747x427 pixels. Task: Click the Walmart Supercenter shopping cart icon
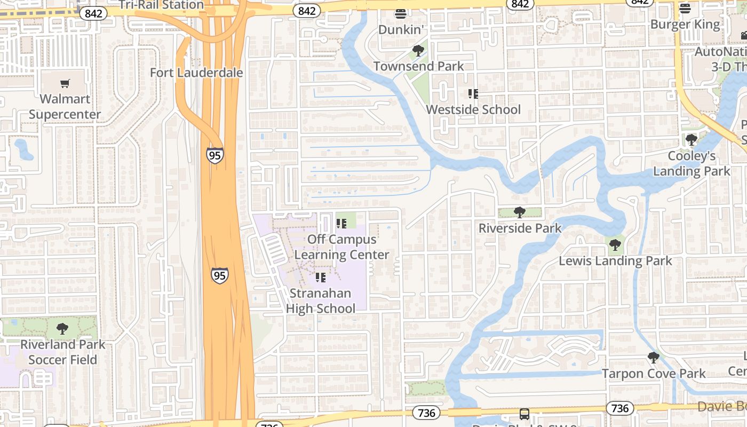tap(65, 83)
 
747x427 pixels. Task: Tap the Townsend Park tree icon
tap(418, 51)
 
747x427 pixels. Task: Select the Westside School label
tap(473, 109)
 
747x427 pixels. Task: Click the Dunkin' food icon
tap(401, 13)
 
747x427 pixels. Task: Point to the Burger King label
tap(685, 25)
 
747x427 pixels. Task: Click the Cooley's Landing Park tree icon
tap(692, 140)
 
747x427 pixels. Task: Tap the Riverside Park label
tap(520, 228)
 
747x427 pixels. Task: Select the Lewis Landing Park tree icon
tap(615, 245)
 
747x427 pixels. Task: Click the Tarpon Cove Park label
tap(654, 373)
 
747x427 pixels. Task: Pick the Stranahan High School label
tap(321, 301)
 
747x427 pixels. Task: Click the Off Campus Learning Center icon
tap(341, 224)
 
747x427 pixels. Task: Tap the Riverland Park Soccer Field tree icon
tap(62, 328)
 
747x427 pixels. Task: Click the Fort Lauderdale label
tap(196, 73)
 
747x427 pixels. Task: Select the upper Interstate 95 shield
tap(214, 155)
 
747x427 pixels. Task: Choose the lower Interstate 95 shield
tap(219, 275)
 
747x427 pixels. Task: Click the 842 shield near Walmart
tap(93, 13)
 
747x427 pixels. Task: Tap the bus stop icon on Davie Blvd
tap(525, 414)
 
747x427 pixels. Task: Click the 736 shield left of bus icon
tap(426, 413)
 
